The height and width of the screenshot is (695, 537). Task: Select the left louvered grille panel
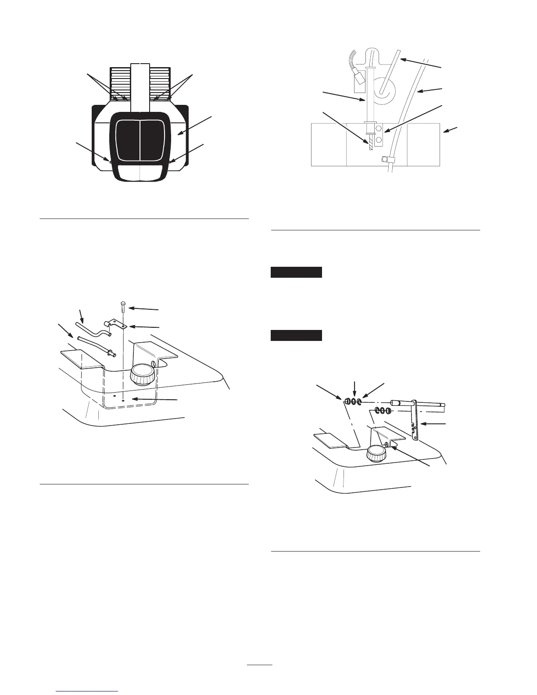(119, 83)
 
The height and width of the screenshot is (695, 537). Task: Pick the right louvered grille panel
(160, 83)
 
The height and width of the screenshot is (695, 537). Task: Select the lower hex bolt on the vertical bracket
(380, 141)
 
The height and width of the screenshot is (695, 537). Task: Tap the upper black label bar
(296, 272)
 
